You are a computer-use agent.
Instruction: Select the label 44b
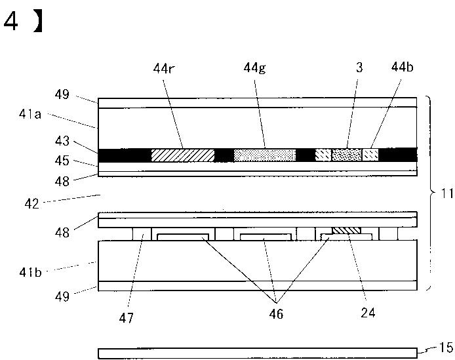click(x=401, y=67)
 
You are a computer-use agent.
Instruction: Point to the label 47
click(x=126, y=318)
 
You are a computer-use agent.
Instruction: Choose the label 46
click(x=275, y=314)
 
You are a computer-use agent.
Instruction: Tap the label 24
click(x=368, y=313)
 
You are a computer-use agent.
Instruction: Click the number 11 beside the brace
click(x=446, y=194)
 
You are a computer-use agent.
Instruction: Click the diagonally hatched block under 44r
click(x=182, y=155)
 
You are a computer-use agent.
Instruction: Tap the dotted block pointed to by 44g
click(x=265, y=155)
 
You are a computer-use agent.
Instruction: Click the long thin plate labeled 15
click(x=257, y=353)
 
